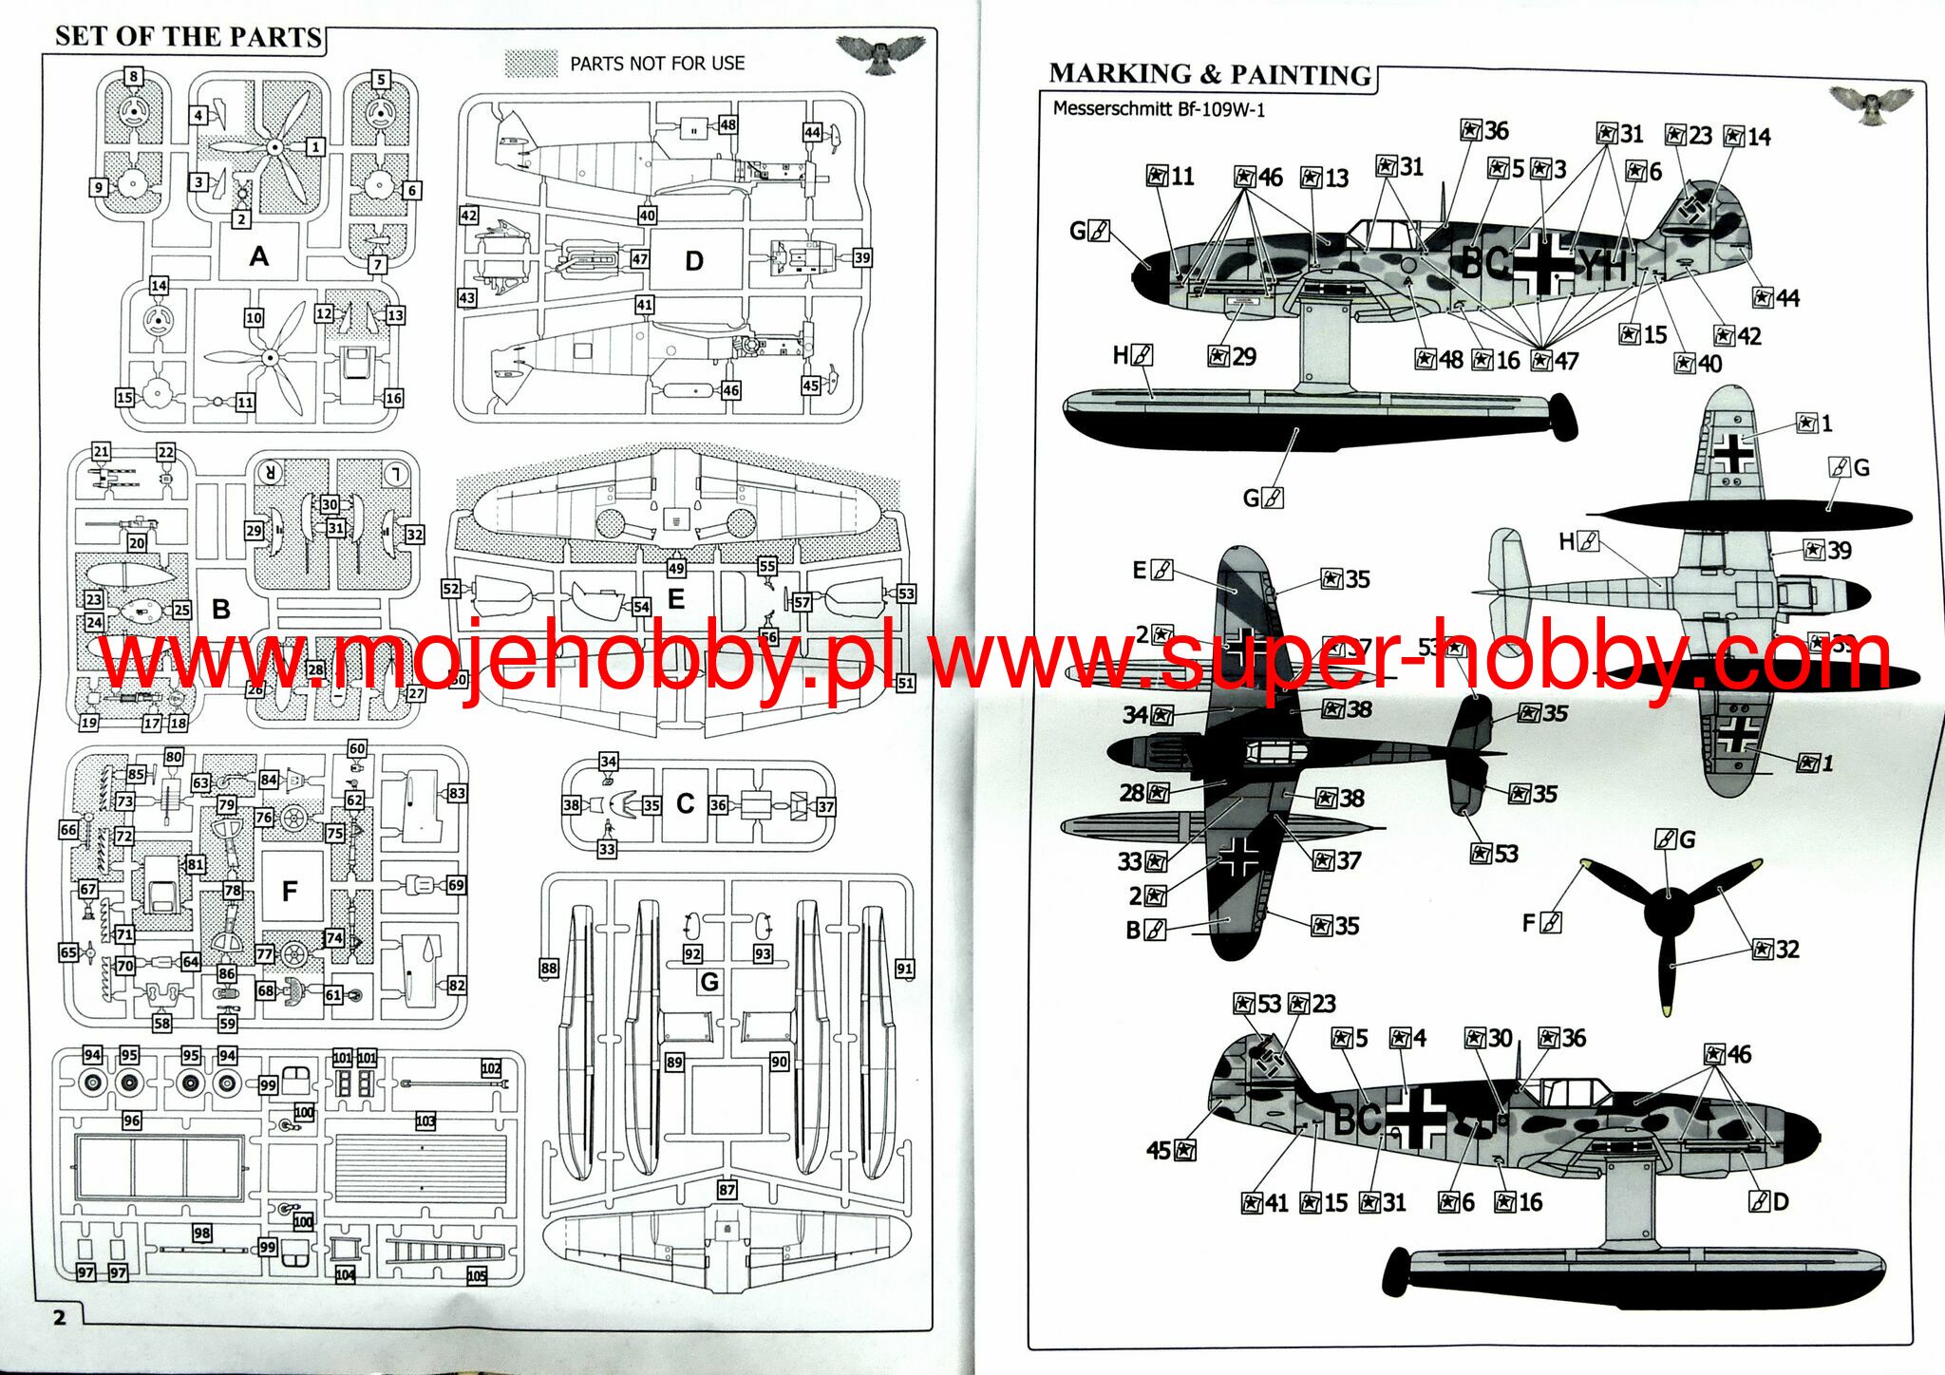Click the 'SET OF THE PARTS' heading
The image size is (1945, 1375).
[188, 36]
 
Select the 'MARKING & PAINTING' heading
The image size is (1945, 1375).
[1210, 74]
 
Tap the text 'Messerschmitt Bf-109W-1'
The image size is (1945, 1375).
[1159, 108]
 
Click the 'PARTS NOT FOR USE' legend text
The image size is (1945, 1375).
[657, 64]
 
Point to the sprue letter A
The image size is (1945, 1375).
[258, 255]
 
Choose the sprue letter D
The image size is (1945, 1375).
[694, 260]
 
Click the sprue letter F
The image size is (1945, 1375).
[290, 891]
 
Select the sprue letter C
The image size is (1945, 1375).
[685, 803]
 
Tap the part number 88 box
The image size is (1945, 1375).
[549, 968]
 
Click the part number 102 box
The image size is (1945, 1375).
[491, 1068]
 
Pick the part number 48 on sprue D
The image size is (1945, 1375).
[727, 124]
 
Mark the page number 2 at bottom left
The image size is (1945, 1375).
[60, 1317]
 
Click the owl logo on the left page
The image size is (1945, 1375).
[881, 53]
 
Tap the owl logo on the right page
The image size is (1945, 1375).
[1871, 104]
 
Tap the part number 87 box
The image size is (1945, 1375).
[727, 1190]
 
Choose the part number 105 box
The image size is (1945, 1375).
[477, 1275]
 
